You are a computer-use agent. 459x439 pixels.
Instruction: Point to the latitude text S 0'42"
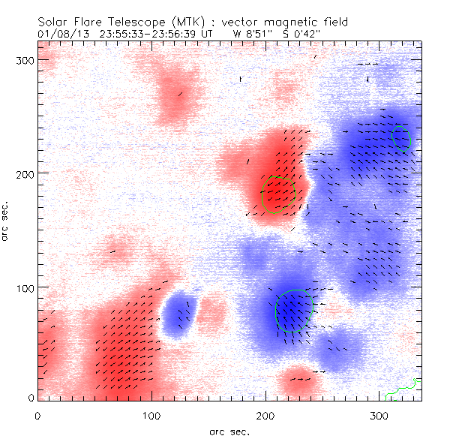[x=302, y=34]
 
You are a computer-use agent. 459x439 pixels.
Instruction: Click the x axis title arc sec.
[x=229, y=431]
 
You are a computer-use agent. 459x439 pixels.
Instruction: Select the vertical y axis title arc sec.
[x=7, y=219]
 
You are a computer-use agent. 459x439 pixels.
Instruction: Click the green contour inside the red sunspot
[x=279, y=195]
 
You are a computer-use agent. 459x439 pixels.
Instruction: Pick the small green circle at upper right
[x=400, y=137]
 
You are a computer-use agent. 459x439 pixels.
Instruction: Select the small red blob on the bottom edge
[x=298, y=382]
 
